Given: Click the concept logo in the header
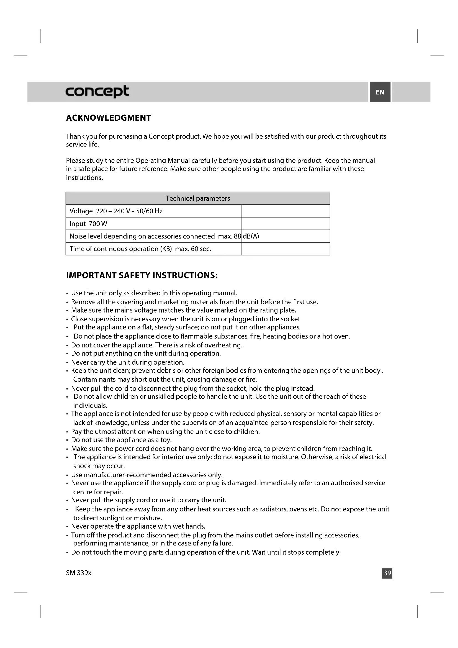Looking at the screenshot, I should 97,91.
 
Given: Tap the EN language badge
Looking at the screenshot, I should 380,92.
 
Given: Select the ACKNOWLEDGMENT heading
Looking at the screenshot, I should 109,118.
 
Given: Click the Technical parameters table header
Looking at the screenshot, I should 198,198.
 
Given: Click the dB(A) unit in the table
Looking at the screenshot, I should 251,236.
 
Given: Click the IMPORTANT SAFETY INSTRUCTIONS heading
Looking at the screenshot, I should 142,275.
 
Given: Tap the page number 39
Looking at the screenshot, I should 387,573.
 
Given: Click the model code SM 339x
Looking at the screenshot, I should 79,573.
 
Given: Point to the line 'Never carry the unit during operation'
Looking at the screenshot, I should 128,362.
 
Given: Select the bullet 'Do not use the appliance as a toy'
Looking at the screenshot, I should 121,440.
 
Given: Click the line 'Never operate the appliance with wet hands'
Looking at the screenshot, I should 138,526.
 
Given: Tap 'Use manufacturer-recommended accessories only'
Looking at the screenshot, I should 147,475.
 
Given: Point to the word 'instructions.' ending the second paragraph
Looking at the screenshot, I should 84,178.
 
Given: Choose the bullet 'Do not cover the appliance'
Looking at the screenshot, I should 156,345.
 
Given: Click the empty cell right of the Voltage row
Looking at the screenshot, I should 285,211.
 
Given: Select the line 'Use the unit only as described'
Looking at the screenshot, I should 154,293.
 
